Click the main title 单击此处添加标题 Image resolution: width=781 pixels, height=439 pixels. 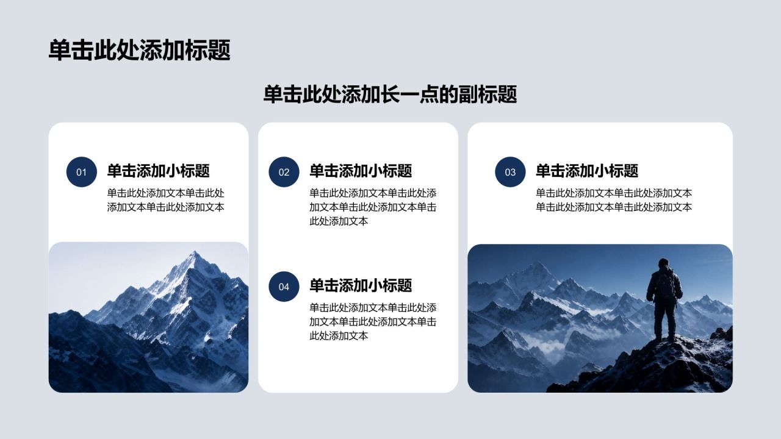[140, 51]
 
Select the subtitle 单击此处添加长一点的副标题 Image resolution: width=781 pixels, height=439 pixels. [390, 95]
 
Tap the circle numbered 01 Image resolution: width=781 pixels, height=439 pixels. [82, 172]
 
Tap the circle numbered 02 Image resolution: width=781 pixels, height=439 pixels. [284, 172]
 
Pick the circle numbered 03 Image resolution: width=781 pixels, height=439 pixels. [510, 172]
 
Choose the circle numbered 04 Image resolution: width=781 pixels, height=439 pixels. [284, 287]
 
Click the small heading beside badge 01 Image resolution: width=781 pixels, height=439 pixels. [158, 171]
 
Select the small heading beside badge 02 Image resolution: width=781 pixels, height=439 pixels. [361, 171]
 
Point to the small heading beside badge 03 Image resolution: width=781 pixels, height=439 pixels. [587, 171]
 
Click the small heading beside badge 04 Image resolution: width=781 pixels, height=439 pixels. [361, 285]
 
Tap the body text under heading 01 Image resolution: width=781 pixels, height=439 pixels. [165, 200]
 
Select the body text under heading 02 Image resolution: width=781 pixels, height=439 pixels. [373, 207]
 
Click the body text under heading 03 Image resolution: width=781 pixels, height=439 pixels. [614, 200]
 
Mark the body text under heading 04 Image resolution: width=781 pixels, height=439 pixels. [373, 321]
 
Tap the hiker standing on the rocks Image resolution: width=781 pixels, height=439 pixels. [664, 299]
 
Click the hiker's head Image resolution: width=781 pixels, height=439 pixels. [663, 263]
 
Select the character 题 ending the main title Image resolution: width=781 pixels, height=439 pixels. [219, 51]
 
